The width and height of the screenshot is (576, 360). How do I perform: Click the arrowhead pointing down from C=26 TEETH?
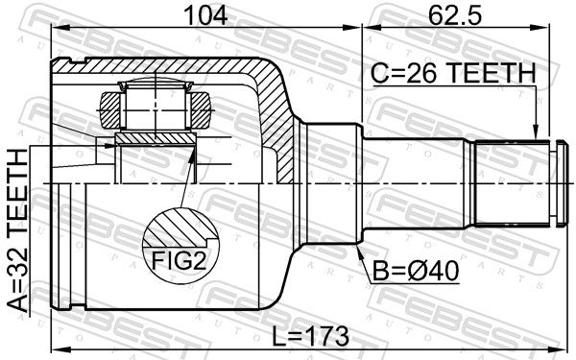[536, 133]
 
